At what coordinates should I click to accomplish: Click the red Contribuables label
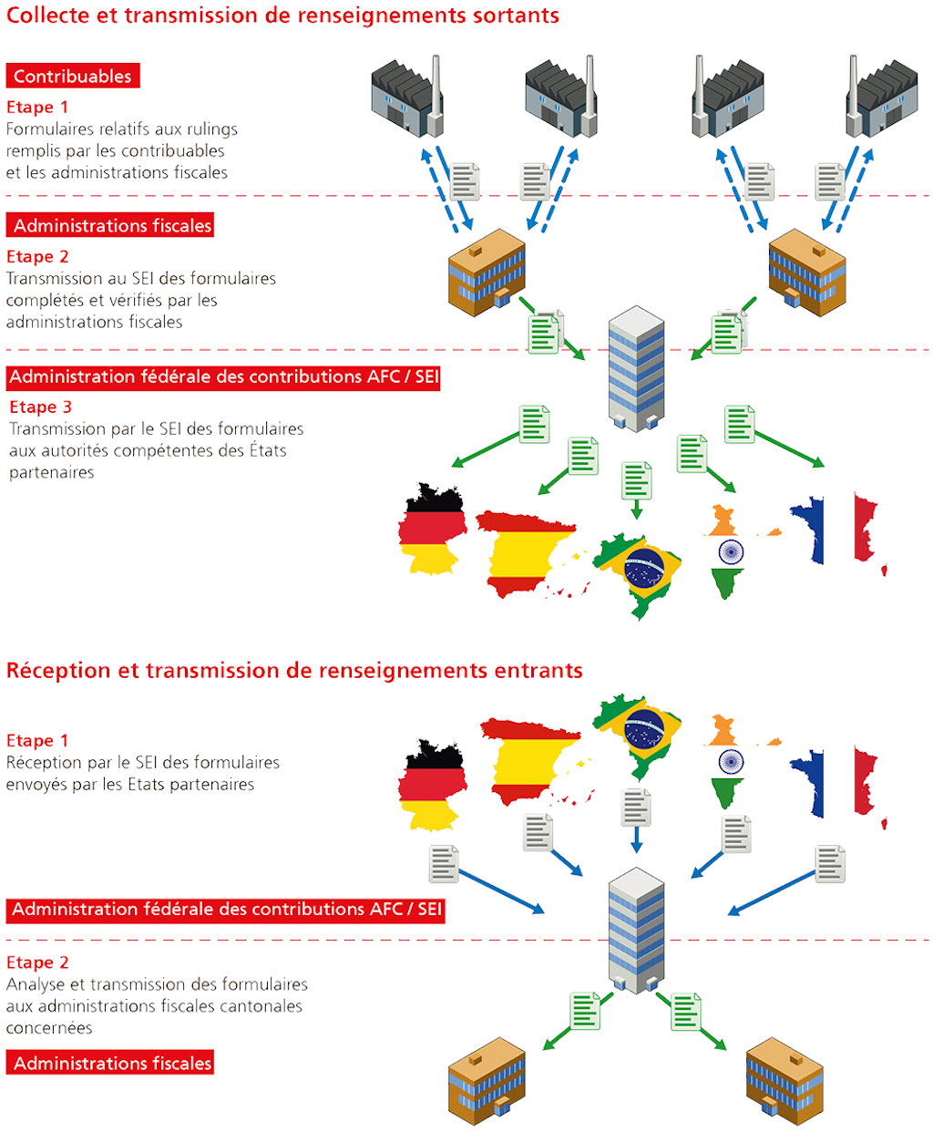(73, 77)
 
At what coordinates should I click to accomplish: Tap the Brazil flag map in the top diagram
(641, 571)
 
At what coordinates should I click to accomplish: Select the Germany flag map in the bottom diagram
(432, 785)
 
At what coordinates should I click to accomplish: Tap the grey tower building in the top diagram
(636, 368)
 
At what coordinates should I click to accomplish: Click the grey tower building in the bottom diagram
(636, 930)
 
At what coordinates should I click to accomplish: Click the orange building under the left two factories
(487, 273)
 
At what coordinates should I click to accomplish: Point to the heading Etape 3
(40, 407)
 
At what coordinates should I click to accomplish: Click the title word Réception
(59, 671)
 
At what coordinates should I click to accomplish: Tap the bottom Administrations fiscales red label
(110, 1064)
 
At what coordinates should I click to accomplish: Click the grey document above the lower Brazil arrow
(636, 807)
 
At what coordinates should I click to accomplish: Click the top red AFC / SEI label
(224, 377)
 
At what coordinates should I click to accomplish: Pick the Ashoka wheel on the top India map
(730, 551)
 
